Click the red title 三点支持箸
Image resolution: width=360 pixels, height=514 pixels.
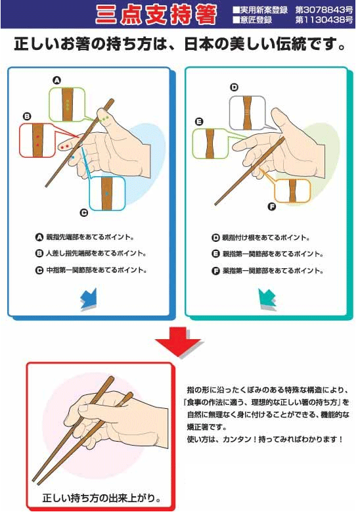pos(156,14)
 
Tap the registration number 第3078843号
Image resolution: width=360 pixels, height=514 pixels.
pos(324,9)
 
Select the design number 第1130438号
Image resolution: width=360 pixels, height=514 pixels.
pos(324,20)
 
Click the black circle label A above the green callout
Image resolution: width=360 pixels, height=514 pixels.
pos(57,80)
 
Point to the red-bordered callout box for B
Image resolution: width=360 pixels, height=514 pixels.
pos(37,140)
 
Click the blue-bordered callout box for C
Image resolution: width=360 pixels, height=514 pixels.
pos(108,193)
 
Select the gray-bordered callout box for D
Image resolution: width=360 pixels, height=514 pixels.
pos(247,113)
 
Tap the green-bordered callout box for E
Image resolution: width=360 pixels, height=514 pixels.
pos(210,143)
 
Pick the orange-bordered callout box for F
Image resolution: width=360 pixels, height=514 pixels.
pos(292,191)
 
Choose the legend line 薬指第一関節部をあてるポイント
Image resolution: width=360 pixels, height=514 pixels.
pos(273,271)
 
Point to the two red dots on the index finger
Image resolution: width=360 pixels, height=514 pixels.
pos(64,146)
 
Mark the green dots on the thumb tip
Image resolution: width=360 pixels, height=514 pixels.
pos(104,118)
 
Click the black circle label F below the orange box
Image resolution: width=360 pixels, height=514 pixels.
pos(271,206)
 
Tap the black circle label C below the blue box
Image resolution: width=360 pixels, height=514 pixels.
pos(84,213)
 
